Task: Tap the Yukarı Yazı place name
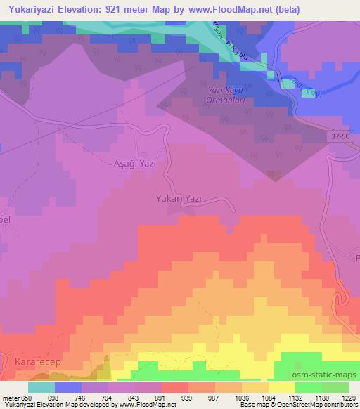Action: click(179, 199)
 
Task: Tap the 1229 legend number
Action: click(348, 398)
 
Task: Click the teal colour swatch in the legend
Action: click(41, 388)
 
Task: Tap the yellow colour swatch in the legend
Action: click(281, 388)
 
